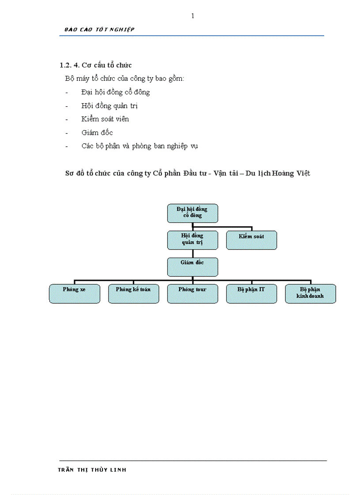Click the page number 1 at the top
tap(192, 16)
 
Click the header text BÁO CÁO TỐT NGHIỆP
tap(99, 30)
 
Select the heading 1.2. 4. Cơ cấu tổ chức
tap(96, 65)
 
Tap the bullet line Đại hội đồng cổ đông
tap(116, 93)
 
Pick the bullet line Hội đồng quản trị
tap(110, 106)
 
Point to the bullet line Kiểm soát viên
tap(105, 119)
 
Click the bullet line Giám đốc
tap(97, 133)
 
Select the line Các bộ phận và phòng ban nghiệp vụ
tap(139, 146)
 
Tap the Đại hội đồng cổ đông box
tap(192, 213)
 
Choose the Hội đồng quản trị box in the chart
tap(192, 240)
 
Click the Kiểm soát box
tap(251, 240)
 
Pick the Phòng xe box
tap(74, 294)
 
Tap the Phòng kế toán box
tap(133, 294)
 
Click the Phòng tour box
tap(192, 294)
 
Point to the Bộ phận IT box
tap(251, 294)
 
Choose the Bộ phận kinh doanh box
tap(311, 294)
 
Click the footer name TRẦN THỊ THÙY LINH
tap(92, 470)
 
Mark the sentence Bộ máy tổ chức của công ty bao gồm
tap(124, 79)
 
